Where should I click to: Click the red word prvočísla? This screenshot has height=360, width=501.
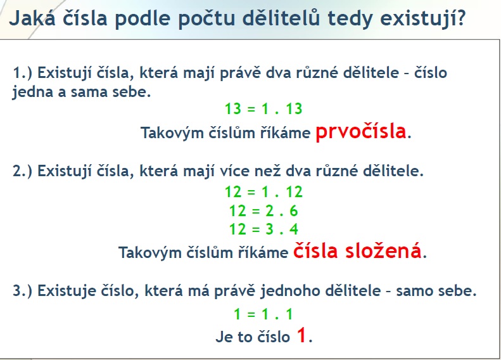360,132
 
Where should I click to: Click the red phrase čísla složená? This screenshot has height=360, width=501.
357,251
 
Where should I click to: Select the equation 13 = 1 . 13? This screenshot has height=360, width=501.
263,109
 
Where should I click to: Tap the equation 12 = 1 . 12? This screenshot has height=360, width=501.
263,191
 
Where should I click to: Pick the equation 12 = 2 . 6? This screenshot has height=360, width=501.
263,210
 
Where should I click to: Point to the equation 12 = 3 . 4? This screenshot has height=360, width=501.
263,229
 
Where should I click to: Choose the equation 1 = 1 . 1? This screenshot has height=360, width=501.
263,314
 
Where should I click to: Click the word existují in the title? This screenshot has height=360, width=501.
424,18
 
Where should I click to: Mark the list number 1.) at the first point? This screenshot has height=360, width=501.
23,73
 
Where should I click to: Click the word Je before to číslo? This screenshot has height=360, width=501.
224,337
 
